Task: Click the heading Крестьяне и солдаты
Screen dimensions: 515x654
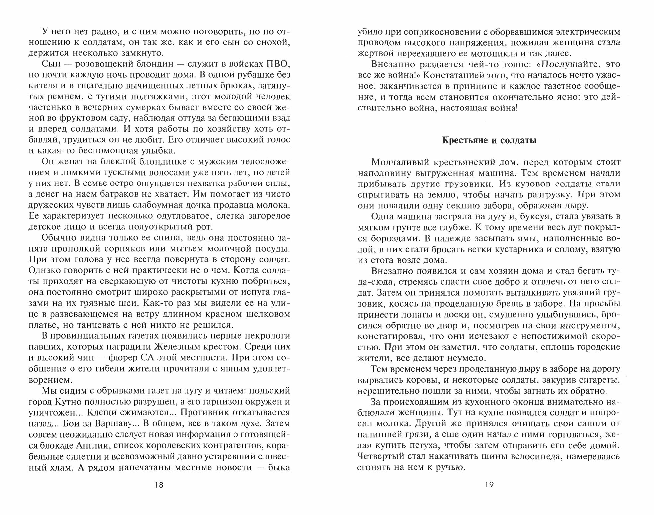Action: point(489,140)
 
